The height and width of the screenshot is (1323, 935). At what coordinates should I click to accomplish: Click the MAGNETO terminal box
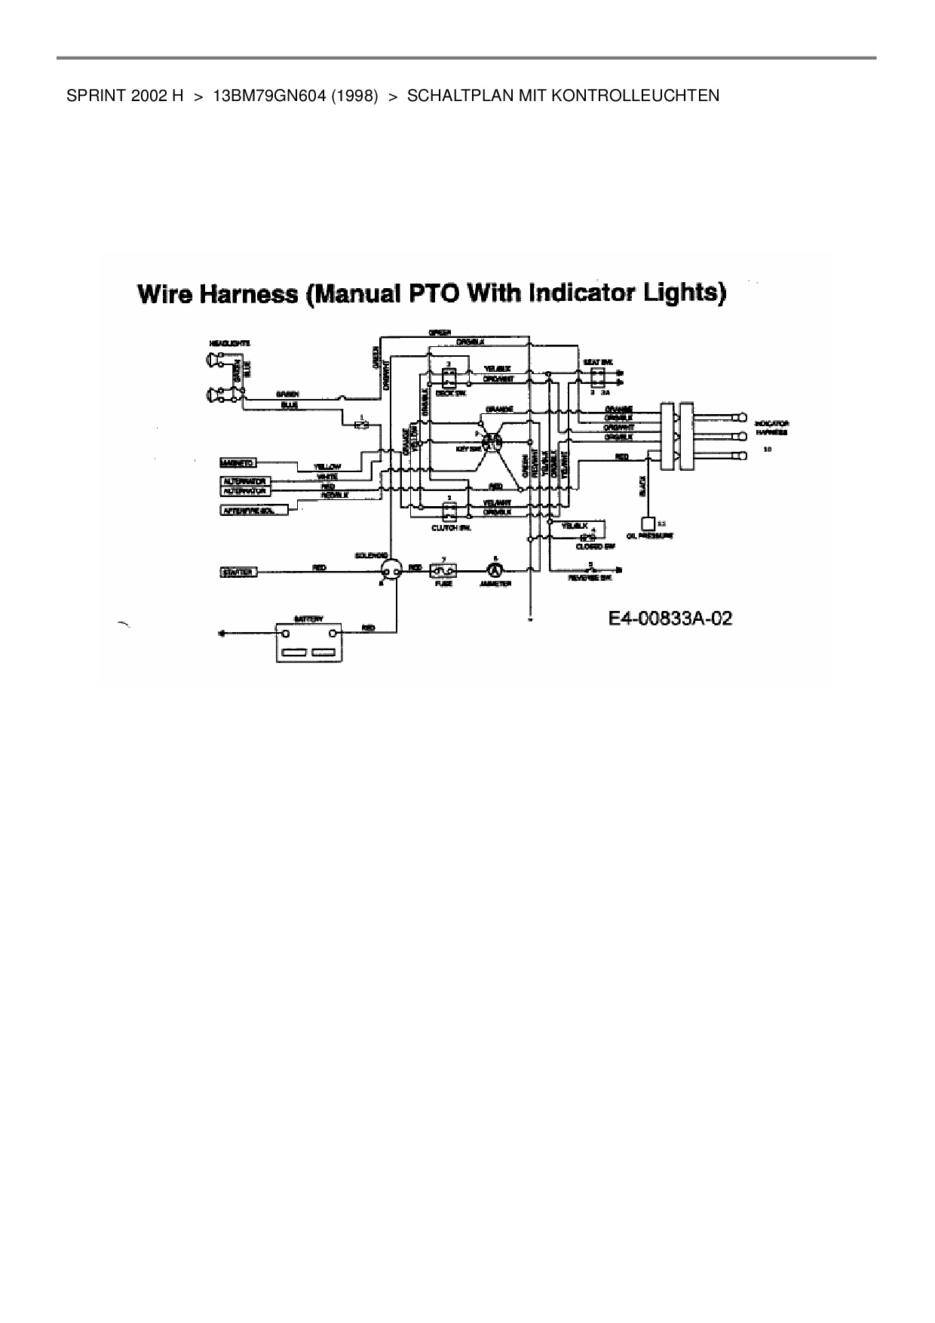(x=238, y=462)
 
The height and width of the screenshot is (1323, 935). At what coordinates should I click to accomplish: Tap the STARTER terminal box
(x=238, y=572)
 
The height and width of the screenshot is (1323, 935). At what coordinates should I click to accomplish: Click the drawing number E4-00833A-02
(x=670, y=619)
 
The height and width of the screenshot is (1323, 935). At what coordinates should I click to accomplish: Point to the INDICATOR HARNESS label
(x=771, y=428)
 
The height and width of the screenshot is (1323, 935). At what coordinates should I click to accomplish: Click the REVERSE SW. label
(x=590, y=578)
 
